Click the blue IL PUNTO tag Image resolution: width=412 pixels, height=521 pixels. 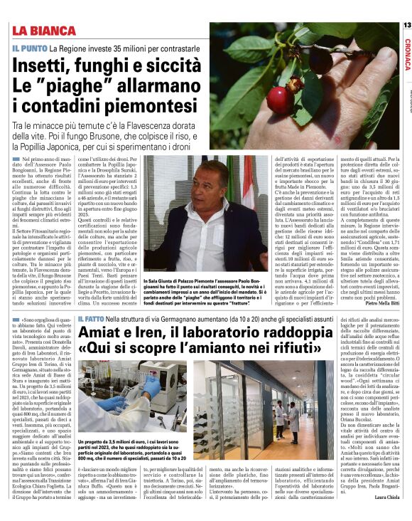[x=29, y=47]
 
